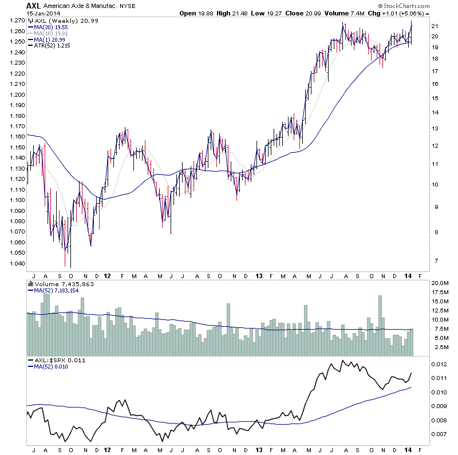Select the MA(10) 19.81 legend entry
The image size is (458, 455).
coord(55,33)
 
